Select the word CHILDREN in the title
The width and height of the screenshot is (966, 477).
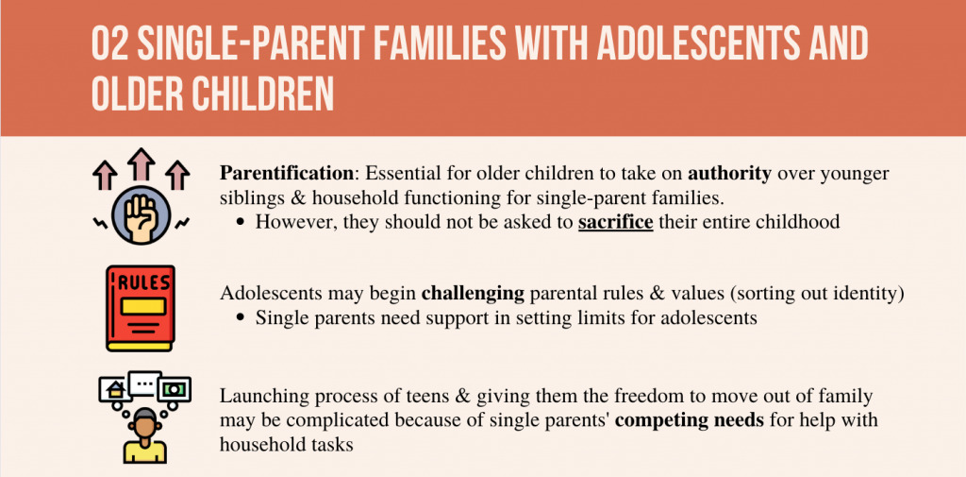pyautogui.click(x=267, y=94)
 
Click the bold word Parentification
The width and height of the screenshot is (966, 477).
pyautogui.click(x=287, y=174)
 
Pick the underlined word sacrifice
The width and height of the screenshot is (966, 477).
pyautogui.click(x=615, y=222)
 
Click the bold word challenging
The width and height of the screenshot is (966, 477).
pyautogui.click(x=473, y=294)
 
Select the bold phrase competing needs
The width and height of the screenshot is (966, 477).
pyautogui.click(x=690, y=421)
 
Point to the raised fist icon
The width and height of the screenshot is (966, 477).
pyautogui.click(x=142, y=215)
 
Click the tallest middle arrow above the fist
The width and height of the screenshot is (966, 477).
pyautogui.click(x=142, y=165)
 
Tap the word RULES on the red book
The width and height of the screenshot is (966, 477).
pyautogui.click(x=142, y=283)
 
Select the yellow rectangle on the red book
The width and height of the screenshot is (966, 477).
pyautogui.click(x=142, y=306)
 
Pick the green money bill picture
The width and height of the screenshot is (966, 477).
pyautogui.click(x=174, y=389)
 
